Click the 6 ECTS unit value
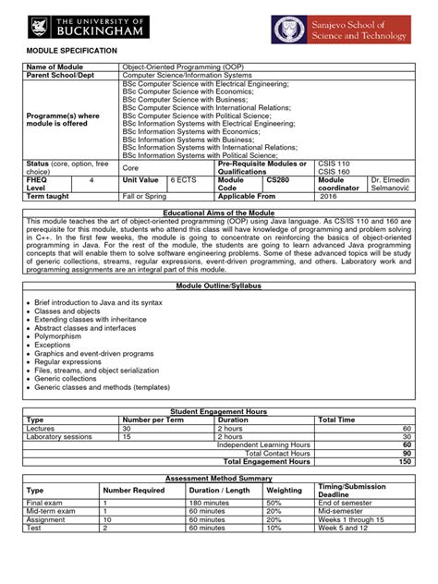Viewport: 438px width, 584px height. (183, 180)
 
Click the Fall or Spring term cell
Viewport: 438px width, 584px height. (148, 197)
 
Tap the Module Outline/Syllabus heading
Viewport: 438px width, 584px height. (219, 286)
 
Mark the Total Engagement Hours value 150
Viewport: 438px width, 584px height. (404, 435)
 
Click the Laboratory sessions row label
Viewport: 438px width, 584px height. (60, 410)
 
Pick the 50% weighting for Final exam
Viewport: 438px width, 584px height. (274, 476)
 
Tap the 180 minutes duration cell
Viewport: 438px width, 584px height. (208, 476)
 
